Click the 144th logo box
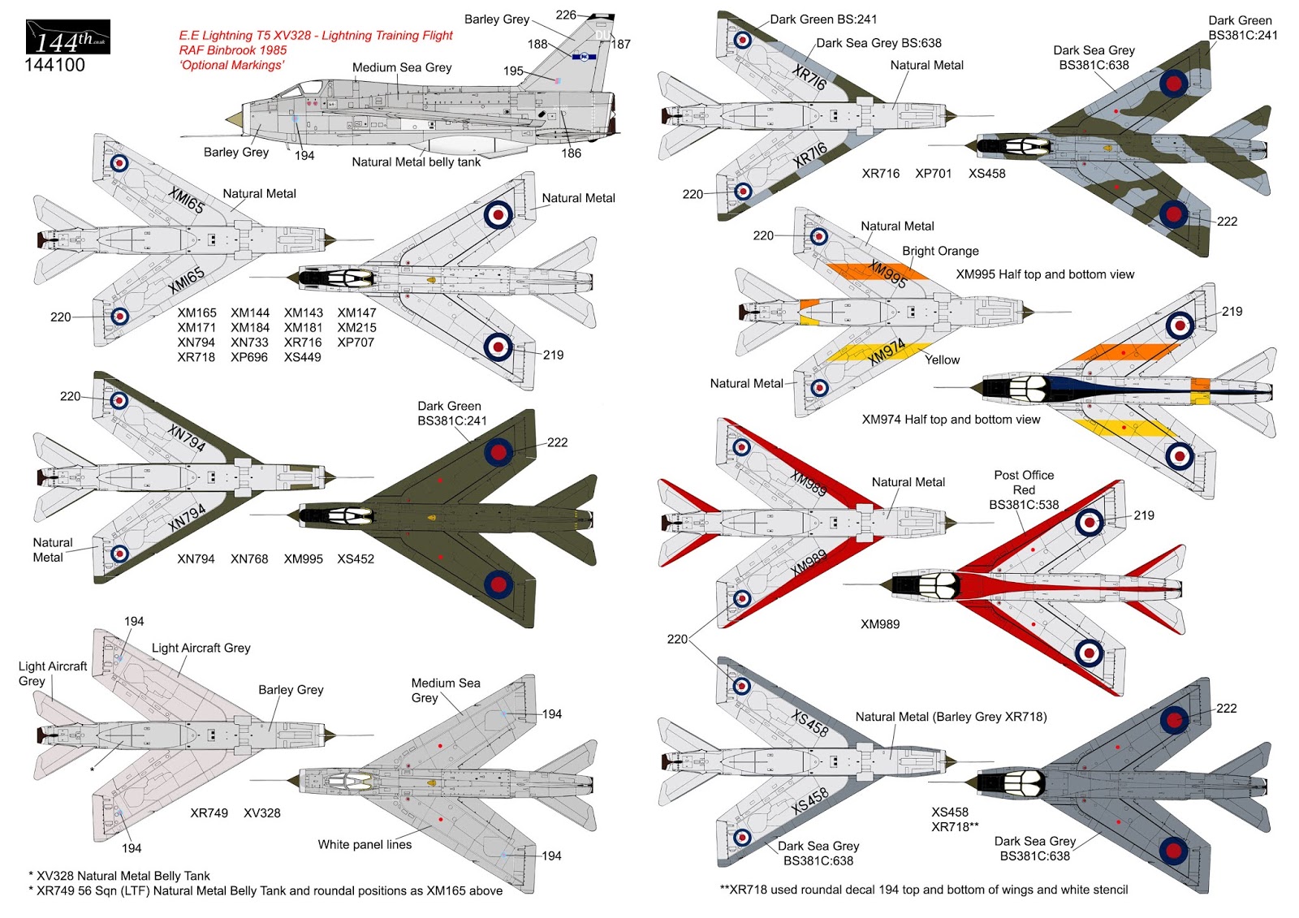pyautogui.click(x=68, y=37)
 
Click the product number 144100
pyautogui.click(x=54, y=65)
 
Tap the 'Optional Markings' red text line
pyautogui.click(x=231, y=65)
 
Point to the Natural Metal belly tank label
pyautogui.click(x=416, y=162)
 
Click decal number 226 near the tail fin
pyautogui.click(x=566, y=15)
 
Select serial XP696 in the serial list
pyautogui.click(x=249, y=357)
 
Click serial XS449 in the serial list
pyautogui.click(x=302, y=357)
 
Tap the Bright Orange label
pyautogui.click(x=940, y=251)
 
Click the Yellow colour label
pyautogui.click(x=942, y=360)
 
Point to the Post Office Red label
pyautogui.click(x=1024, y=489)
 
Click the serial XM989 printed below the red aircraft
pyautogui.click(x=880, y=624)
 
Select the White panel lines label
pyautogui.click(x=365, y=844)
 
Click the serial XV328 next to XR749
pyautogui.click(x=262, y=812)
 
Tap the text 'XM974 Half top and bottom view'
pyautogui.click(x=951, y=420)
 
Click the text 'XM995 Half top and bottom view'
pyautogui.click(x=1045, y=274)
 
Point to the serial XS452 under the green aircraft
pyautogui.click(x=356, y=558)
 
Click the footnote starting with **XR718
pyautogui.click(x=923, y=890)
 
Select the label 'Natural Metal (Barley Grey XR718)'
pyautogui.click(x=951, y=717)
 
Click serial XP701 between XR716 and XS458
pyautogui.click(x=933, y=173)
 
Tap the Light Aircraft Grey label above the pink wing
pyautogui.click(x=201, y=648)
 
